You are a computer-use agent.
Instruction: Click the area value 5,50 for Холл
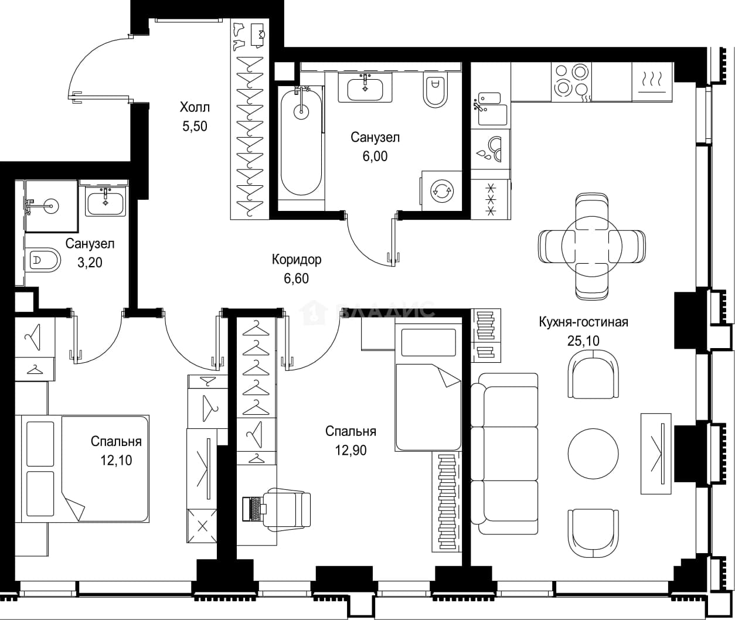coord(195,126)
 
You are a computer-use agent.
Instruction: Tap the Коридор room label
coord(297,260)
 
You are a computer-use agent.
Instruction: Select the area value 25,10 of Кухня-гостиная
coord(583,340)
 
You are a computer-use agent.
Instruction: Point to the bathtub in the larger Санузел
coord(301,142)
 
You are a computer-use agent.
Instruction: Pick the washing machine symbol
coord(442,191)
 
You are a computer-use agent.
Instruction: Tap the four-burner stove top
coord(571,82)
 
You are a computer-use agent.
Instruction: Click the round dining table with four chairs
coord(592,247)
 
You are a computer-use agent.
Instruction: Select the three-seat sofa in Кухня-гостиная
coord(505,454)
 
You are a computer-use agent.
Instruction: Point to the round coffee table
coord(593,454)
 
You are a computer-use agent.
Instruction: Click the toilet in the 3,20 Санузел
coord(43,260)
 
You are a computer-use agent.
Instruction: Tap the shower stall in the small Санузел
coord(51,206)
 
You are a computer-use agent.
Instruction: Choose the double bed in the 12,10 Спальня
coord(85,469)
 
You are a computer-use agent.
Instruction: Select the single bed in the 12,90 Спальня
coord(428,387)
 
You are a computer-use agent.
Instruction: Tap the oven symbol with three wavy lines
coord(652,82)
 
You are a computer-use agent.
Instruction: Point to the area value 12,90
coord(351,450)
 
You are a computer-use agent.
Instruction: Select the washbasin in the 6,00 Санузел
coord(365,88)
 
